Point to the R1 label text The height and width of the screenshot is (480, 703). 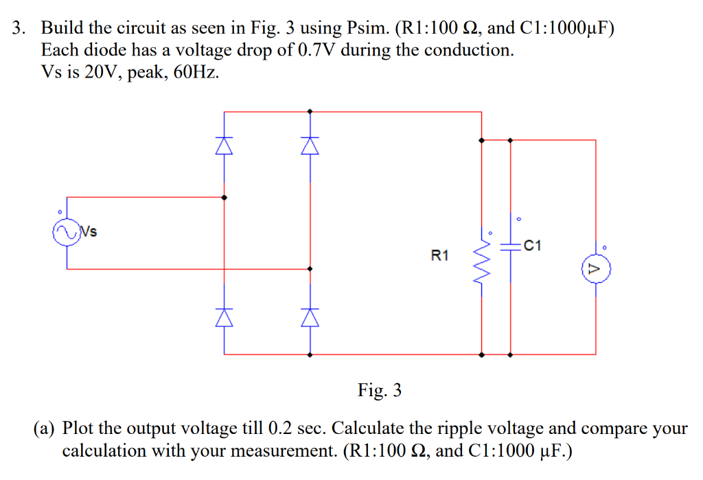pyautogui.click(x=440, y=256)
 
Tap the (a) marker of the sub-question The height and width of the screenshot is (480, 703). pyautogui.click(x=46, y=429)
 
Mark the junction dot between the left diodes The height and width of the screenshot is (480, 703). pyautogui.click(x=224, y=197)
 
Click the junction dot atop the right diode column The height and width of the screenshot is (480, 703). pyautogui.click(x=310, y=111)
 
